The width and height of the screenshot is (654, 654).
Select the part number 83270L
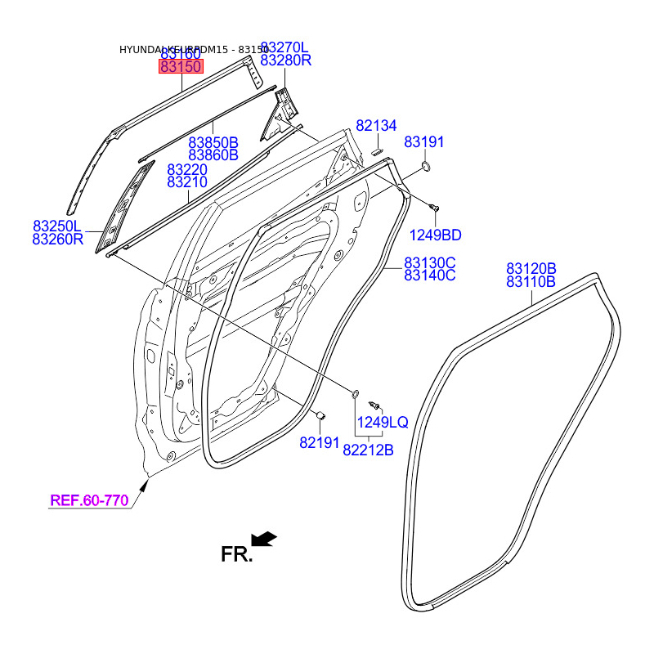[285, 47]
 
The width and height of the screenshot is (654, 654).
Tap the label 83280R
[285, 60]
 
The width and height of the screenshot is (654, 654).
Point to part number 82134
[376, 126]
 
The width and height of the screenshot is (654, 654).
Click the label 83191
[424, 142]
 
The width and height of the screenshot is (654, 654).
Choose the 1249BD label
[434, 235]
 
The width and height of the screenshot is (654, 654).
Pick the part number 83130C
[429, 262]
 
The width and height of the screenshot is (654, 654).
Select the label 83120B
[531, 268]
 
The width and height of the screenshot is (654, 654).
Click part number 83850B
[213, 141]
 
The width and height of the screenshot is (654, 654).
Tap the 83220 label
[187, 169]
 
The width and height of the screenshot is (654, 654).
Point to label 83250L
[57, 226]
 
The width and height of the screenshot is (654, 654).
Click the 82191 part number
[319, 442]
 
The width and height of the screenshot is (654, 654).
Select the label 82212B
[368, 449]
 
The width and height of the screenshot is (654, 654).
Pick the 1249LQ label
[382, 423]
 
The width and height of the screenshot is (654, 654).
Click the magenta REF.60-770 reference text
[90, 500]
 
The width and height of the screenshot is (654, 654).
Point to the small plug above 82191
[321, 416]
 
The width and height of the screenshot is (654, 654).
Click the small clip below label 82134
[379, 151]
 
